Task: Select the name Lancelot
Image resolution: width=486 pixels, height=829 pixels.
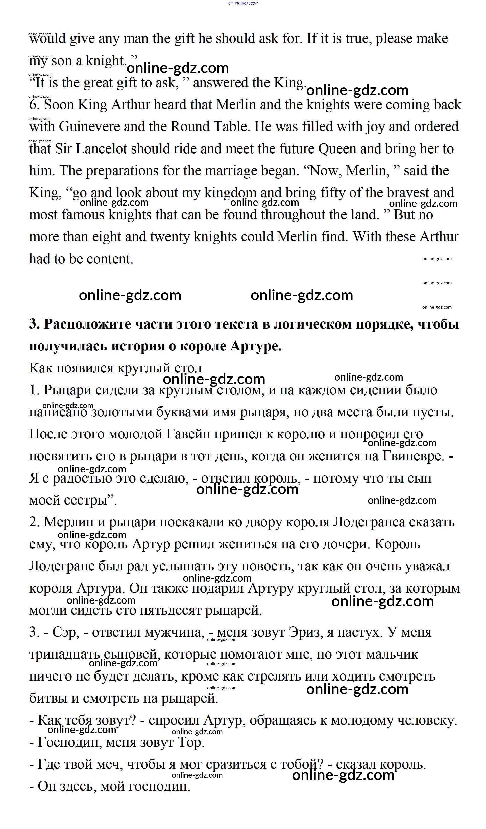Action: pos(101,149)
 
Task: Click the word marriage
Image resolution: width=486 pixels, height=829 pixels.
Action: pos(235,171)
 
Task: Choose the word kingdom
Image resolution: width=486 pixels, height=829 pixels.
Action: pos(230,193)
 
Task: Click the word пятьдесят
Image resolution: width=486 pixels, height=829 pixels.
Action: pos(170,610)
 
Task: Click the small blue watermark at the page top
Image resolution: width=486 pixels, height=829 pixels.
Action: pos(243,3)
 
